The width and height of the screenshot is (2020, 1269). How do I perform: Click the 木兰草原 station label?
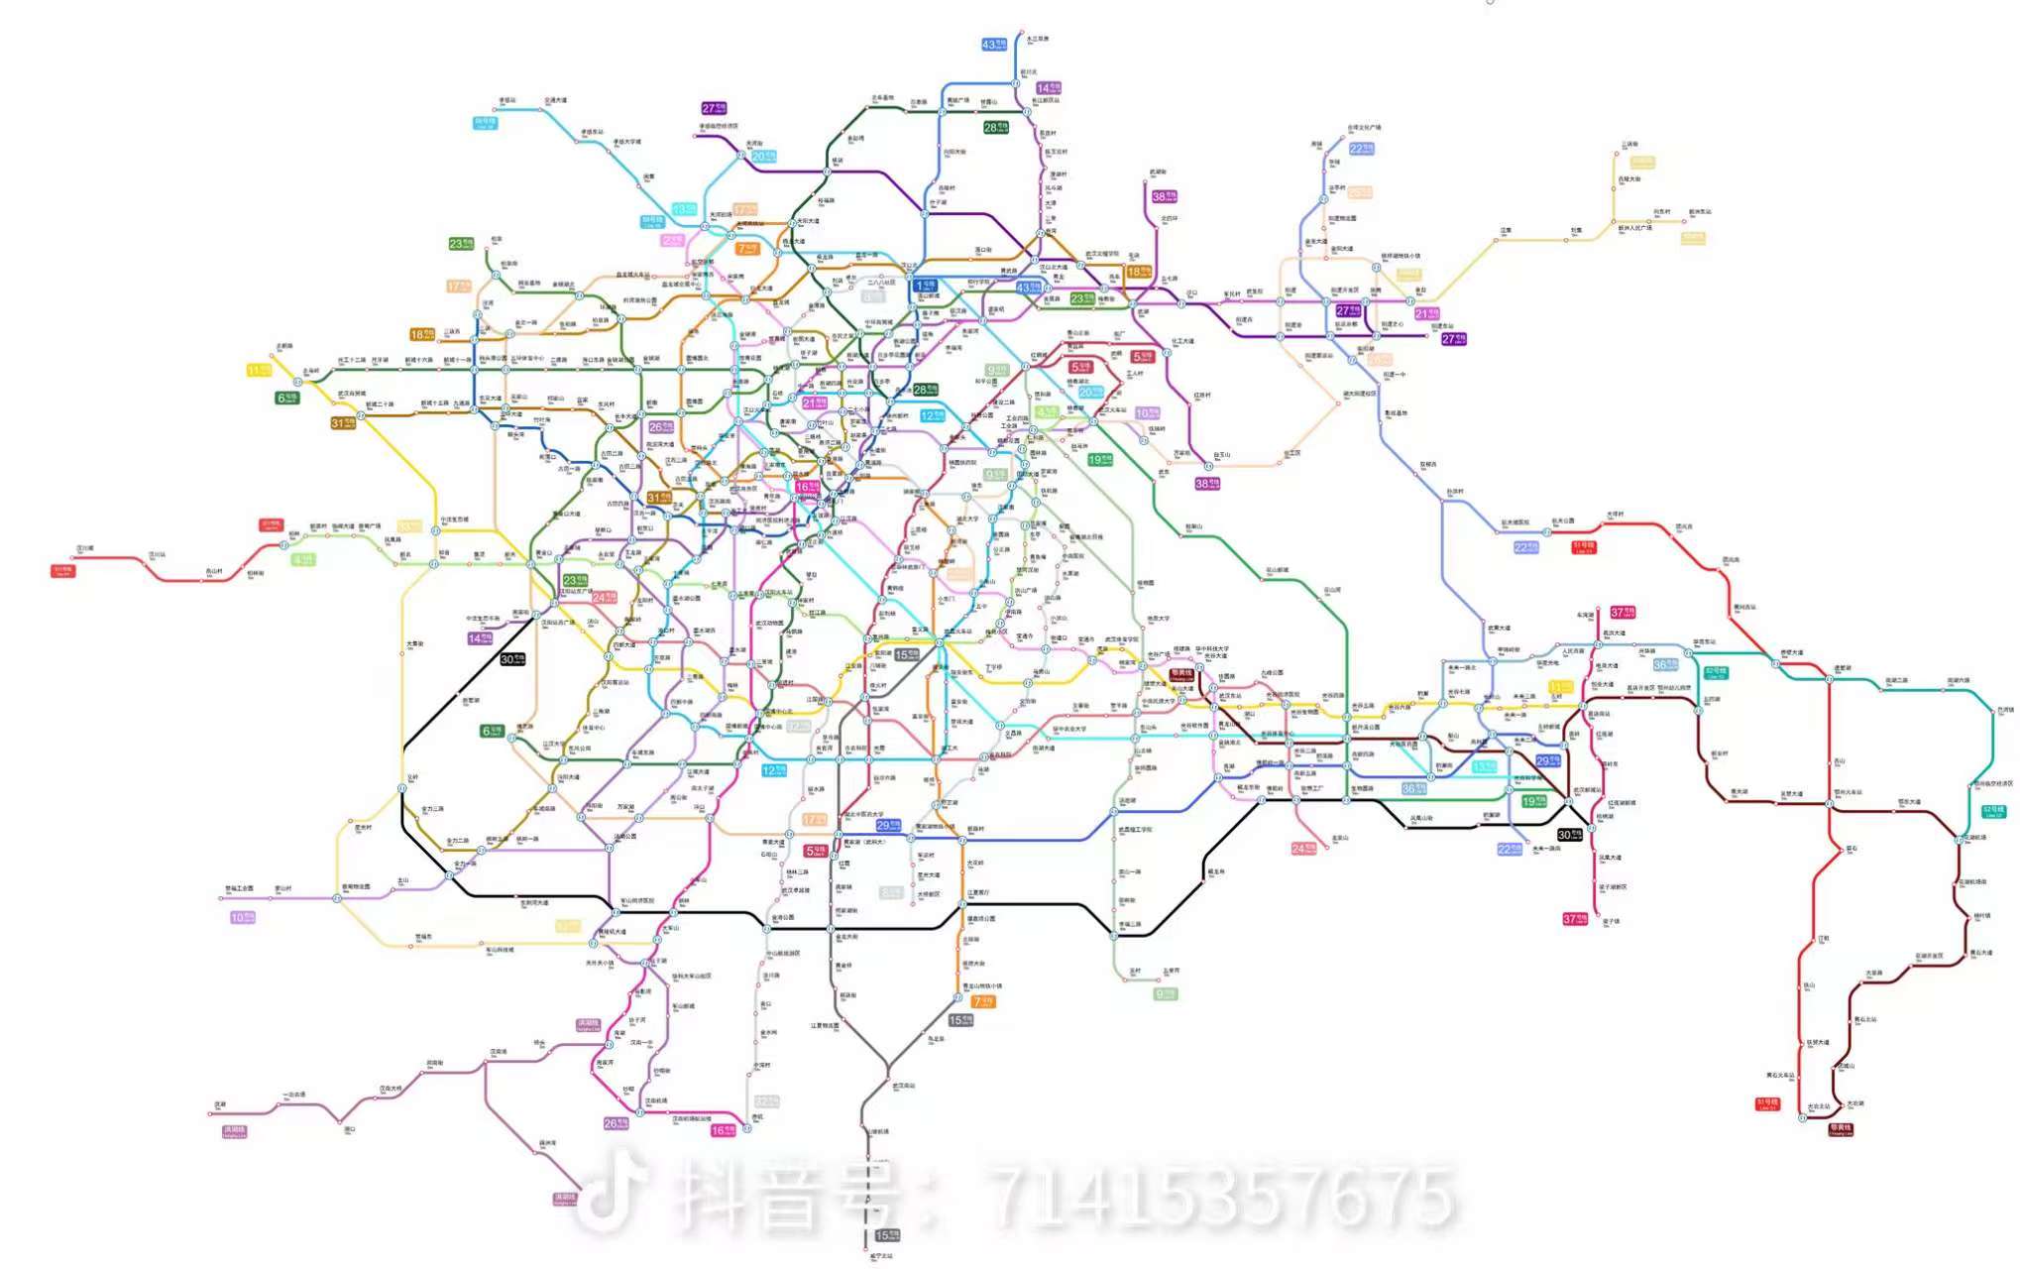pos(1038,39)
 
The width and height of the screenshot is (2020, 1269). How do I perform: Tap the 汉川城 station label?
pos(85,547)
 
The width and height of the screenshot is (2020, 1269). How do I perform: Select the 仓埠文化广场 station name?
pos(1364,127)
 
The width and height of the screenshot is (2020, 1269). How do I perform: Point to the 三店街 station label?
pos(1629,144)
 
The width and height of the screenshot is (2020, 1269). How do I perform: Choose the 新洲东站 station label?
pos(1699,211)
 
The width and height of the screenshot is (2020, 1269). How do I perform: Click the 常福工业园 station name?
pos(240,888)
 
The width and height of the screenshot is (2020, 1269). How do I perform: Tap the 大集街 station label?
pos(414,643)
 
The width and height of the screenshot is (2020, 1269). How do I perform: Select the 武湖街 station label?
pos(1158,172)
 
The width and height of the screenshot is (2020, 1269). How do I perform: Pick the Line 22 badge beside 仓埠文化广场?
pos(1362,149)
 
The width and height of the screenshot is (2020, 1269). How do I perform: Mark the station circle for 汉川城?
pos(75,558)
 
